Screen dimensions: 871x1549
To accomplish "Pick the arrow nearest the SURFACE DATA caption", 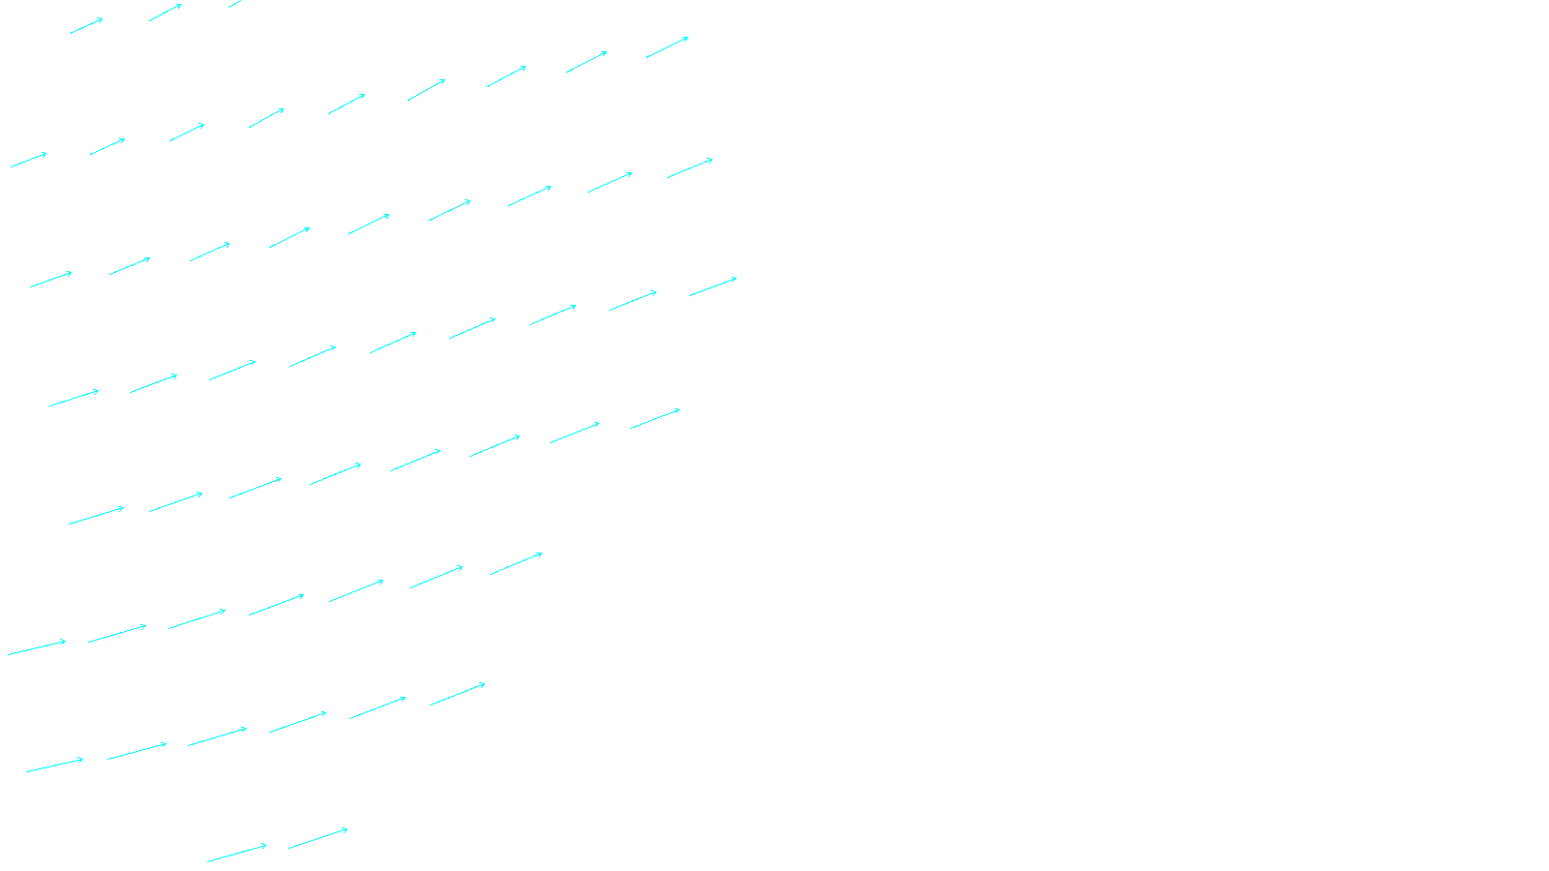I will (x=318, y=838).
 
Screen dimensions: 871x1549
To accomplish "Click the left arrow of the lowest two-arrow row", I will (x=236, y=853).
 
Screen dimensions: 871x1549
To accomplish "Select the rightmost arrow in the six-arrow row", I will (x=457, y=694).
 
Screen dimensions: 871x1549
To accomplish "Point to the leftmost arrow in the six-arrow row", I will (x=54, y=766).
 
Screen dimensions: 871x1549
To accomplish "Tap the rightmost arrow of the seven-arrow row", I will (x=516, y=564).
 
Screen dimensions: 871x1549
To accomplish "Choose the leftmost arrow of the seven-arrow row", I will (x=37, y=647).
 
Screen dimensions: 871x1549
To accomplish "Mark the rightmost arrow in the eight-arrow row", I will (x=654, y=419).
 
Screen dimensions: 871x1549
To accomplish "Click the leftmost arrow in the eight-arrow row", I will (x=96, y=516).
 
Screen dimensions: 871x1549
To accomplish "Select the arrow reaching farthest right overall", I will (x=713, y=287).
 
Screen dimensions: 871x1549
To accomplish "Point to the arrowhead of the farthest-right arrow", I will (x=736, y=279).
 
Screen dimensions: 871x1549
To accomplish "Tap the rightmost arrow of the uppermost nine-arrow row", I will (x=667, y=47).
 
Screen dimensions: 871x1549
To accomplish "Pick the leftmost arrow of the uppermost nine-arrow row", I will (x=28, y=160).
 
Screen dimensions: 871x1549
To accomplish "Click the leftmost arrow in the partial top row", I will (x=86, y=25).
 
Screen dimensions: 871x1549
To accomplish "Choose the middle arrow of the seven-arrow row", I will (x=276, y=605).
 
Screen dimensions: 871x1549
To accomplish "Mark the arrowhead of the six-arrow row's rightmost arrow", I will (x=484, y=684).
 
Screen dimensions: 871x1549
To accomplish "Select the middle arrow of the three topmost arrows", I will (x=165, y=13).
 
